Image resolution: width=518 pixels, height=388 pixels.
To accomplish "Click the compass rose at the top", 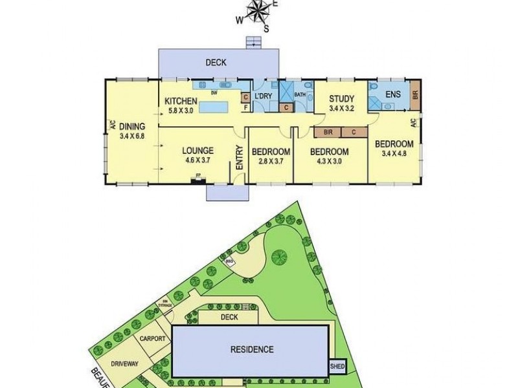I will tap(258, 14).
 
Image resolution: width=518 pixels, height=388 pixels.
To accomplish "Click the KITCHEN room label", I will tap(181, 101).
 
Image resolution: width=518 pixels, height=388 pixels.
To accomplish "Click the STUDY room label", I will tap(342, 99).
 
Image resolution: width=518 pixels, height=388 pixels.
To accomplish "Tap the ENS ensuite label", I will tap(392, 94).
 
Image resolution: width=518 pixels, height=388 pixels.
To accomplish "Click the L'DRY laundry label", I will tap(264, 96).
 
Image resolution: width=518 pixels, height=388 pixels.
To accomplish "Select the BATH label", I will tap(300, 94).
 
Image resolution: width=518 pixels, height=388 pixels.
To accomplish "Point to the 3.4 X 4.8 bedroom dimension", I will tap(394, 153).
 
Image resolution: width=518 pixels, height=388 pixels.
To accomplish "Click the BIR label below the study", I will tap(328, 133).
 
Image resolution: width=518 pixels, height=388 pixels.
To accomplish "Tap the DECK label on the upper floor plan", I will tap(215, 63).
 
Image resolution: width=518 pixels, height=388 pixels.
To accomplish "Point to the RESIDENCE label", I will tap(252, 350).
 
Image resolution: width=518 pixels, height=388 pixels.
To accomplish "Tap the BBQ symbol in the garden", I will tap(229, 262).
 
